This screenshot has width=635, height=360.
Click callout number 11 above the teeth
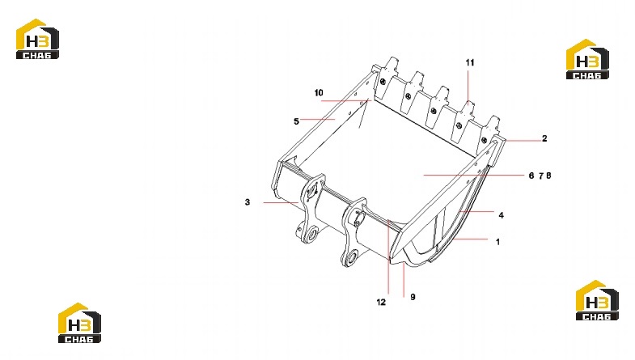(x=470, y=62)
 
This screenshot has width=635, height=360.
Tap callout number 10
(x=319, y=93)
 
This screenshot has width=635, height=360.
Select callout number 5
(x=296, y=121)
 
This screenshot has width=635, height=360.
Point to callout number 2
(x=544, y=138)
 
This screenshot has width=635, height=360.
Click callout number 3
(x=248, y=201)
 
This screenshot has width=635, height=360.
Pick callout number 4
(x=501, y=215)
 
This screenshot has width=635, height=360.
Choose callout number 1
(x=497, y=242)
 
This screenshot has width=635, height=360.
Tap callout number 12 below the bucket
(x=381, y=302)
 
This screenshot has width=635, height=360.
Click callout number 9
(x=413, y=297)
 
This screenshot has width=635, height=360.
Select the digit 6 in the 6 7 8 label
(x=531, y=176)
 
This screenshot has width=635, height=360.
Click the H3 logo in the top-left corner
(x=37, y=39)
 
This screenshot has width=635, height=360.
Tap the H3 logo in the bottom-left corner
(x=79, y=323)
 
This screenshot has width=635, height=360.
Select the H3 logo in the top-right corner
(x=587, y=59)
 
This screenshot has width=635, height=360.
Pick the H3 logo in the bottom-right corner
(x=597, y=300)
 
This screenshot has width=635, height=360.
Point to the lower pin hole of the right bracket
(x=352, y=256)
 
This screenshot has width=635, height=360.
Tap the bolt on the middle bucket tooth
(x=434, y=110)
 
